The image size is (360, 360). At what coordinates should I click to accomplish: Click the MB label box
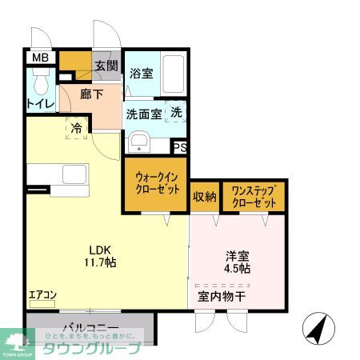tap(38, 58)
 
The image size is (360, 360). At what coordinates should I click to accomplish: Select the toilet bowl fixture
tap(41, 81)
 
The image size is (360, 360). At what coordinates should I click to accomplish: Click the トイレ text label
tap(40, 103)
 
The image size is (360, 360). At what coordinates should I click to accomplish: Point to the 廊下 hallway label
tap(91, 94)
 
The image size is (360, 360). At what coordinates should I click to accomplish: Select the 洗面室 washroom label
tap(144, 114)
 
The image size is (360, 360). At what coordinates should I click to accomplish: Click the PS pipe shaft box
tap(181, 147)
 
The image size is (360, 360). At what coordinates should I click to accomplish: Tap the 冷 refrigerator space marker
tap(76, 128)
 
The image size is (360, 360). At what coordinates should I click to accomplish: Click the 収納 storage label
tap(204, 197)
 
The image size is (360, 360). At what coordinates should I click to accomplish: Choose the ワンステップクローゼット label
tap(254, 197)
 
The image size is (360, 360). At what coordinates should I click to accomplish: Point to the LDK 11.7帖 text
tap(99, 254)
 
